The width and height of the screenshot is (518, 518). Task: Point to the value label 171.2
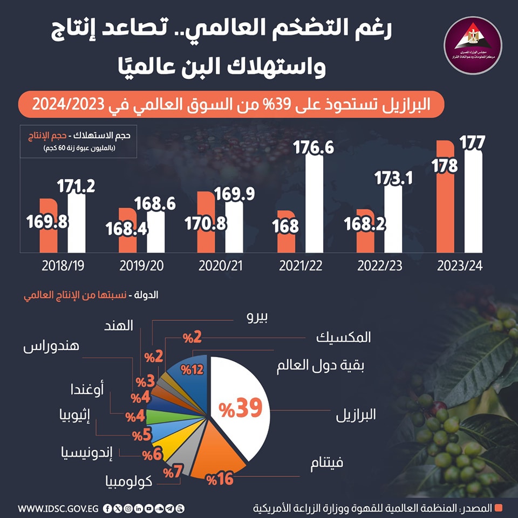pyautogui.click(x=76, y=187)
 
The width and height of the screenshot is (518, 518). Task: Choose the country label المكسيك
pyautogui.click(x=344, y=337)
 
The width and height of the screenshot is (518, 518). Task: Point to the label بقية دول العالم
pyautogui.click(x=320, y=366)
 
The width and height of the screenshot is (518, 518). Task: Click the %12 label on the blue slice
pyautogui.click(x=193, y=370)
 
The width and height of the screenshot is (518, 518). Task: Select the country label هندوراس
pyautogui.click(x=52, y=346)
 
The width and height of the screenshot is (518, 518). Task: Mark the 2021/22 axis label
pyautogui.click(x=299, y=266)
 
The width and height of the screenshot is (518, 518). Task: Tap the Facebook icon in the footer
pyautogui.click(x=108, y=508)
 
